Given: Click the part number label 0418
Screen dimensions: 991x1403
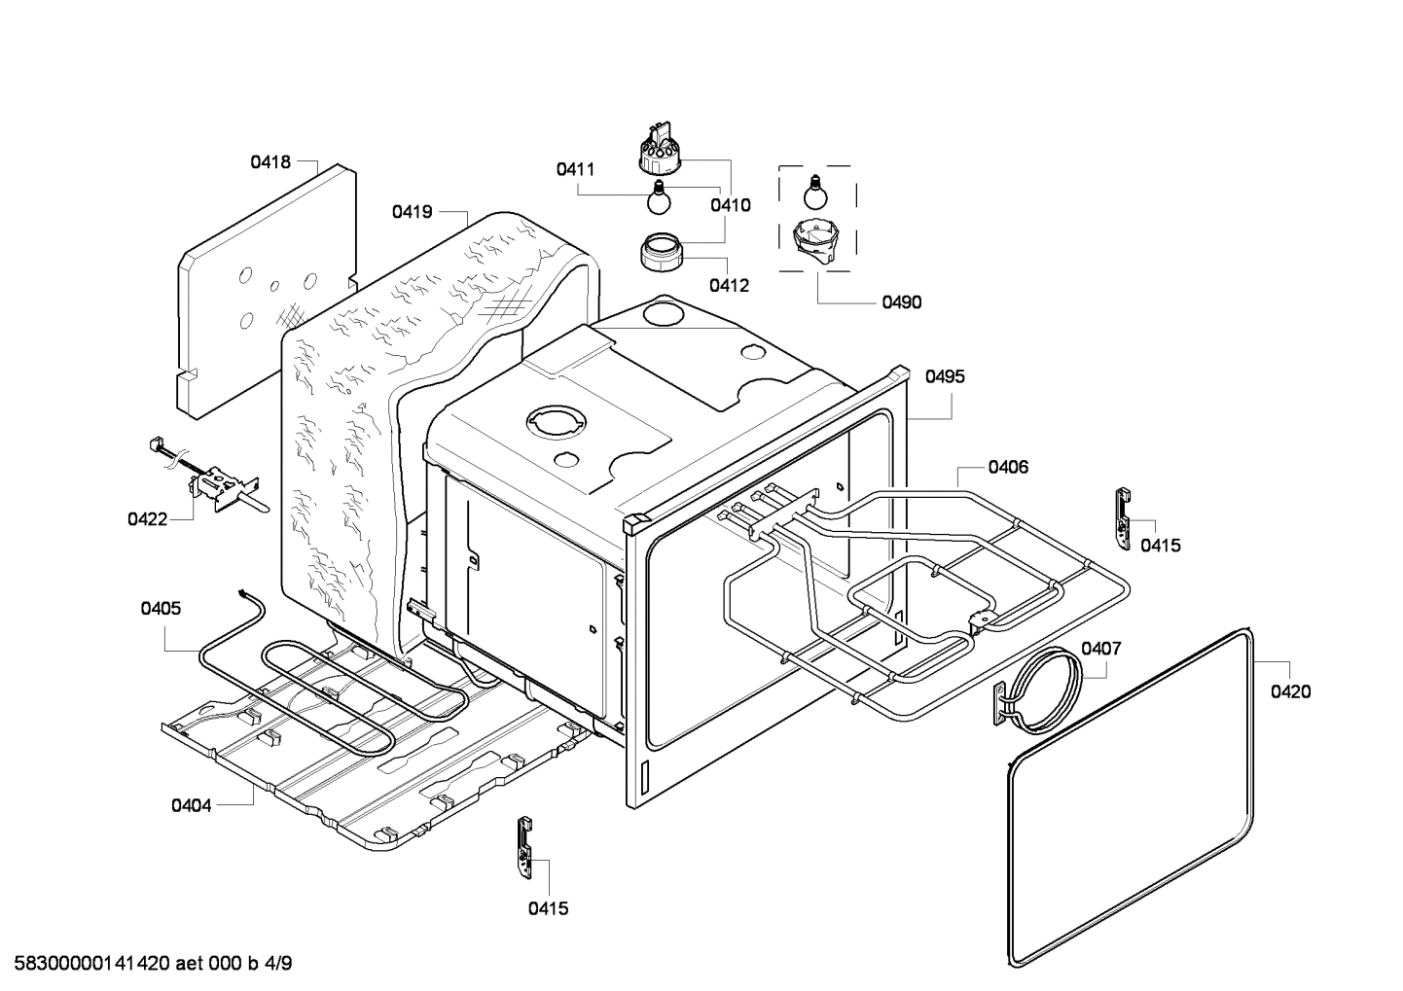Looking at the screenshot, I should tap(270, 162).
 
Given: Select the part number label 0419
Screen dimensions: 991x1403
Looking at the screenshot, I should tap(413, 211).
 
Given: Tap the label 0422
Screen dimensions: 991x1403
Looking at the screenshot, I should tap(147, 519).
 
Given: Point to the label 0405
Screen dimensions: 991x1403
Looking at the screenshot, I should tap(161, 609).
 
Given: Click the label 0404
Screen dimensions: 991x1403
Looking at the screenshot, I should tap(191, 805).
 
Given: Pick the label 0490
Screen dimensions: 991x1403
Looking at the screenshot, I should tap(901, 302).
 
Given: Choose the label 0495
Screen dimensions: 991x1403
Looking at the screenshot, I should tap(945, 376).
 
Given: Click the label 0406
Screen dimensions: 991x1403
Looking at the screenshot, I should tap(1008, 467).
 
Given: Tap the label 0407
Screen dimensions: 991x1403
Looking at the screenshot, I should tap(1101, 648).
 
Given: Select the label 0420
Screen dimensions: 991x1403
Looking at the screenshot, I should tap(1290, 691).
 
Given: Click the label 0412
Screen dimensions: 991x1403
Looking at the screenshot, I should tap(729, 285).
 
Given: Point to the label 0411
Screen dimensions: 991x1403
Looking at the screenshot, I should tap(575, 169).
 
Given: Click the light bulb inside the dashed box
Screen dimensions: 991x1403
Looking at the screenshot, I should tap(814, 193).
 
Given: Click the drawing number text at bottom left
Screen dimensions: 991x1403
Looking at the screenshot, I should tap(147, 964).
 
